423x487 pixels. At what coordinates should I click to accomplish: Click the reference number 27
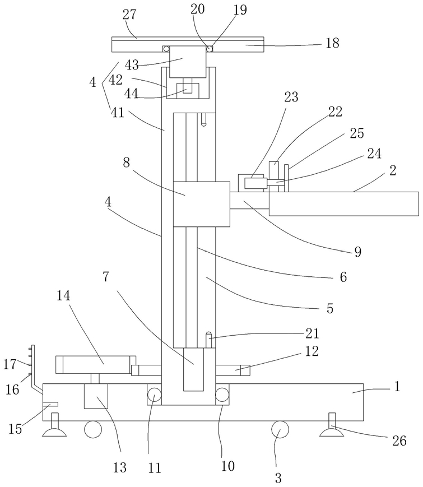[x=129, y=15]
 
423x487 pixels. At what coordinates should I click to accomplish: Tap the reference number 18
[x=332, y=43]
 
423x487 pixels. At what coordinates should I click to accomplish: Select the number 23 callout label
[x=291, y=97]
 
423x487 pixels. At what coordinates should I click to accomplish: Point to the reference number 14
[x=63, y=296]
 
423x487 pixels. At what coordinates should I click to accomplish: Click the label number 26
[x=399, y=440]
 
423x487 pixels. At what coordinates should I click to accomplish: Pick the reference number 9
[x=358, y=252]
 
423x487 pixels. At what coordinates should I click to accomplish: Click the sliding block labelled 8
[x=201, y=204]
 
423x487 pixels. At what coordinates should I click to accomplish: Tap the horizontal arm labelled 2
[x=344, y=204]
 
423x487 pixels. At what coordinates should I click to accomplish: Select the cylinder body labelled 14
[x=96, y=365]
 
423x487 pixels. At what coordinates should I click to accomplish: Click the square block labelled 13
[x=96, y=396]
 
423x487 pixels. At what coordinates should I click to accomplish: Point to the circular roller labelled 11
[x=154, y=396]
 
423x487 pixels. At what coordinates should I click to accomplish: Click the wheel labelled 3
[x=280, y=429]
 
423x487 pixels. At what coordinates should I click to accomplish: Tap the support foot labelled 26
[x=332, y=426]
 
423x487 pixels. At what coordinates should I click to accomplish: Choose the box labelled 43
[x=188, y=62]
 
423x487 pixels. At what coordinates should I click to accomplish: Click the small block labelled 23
[x=254, y=183]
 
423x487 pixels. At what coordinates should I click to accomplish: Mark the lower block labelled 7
[x=193, y=369]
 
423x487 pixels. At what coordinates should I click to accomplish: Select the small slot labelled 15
[x=50, y=404]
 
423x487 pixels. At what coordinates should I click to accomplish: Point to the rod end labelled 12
[x=233, y=370]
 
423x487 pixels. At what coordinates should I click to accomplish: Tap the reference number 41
[x=118, y=113]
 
